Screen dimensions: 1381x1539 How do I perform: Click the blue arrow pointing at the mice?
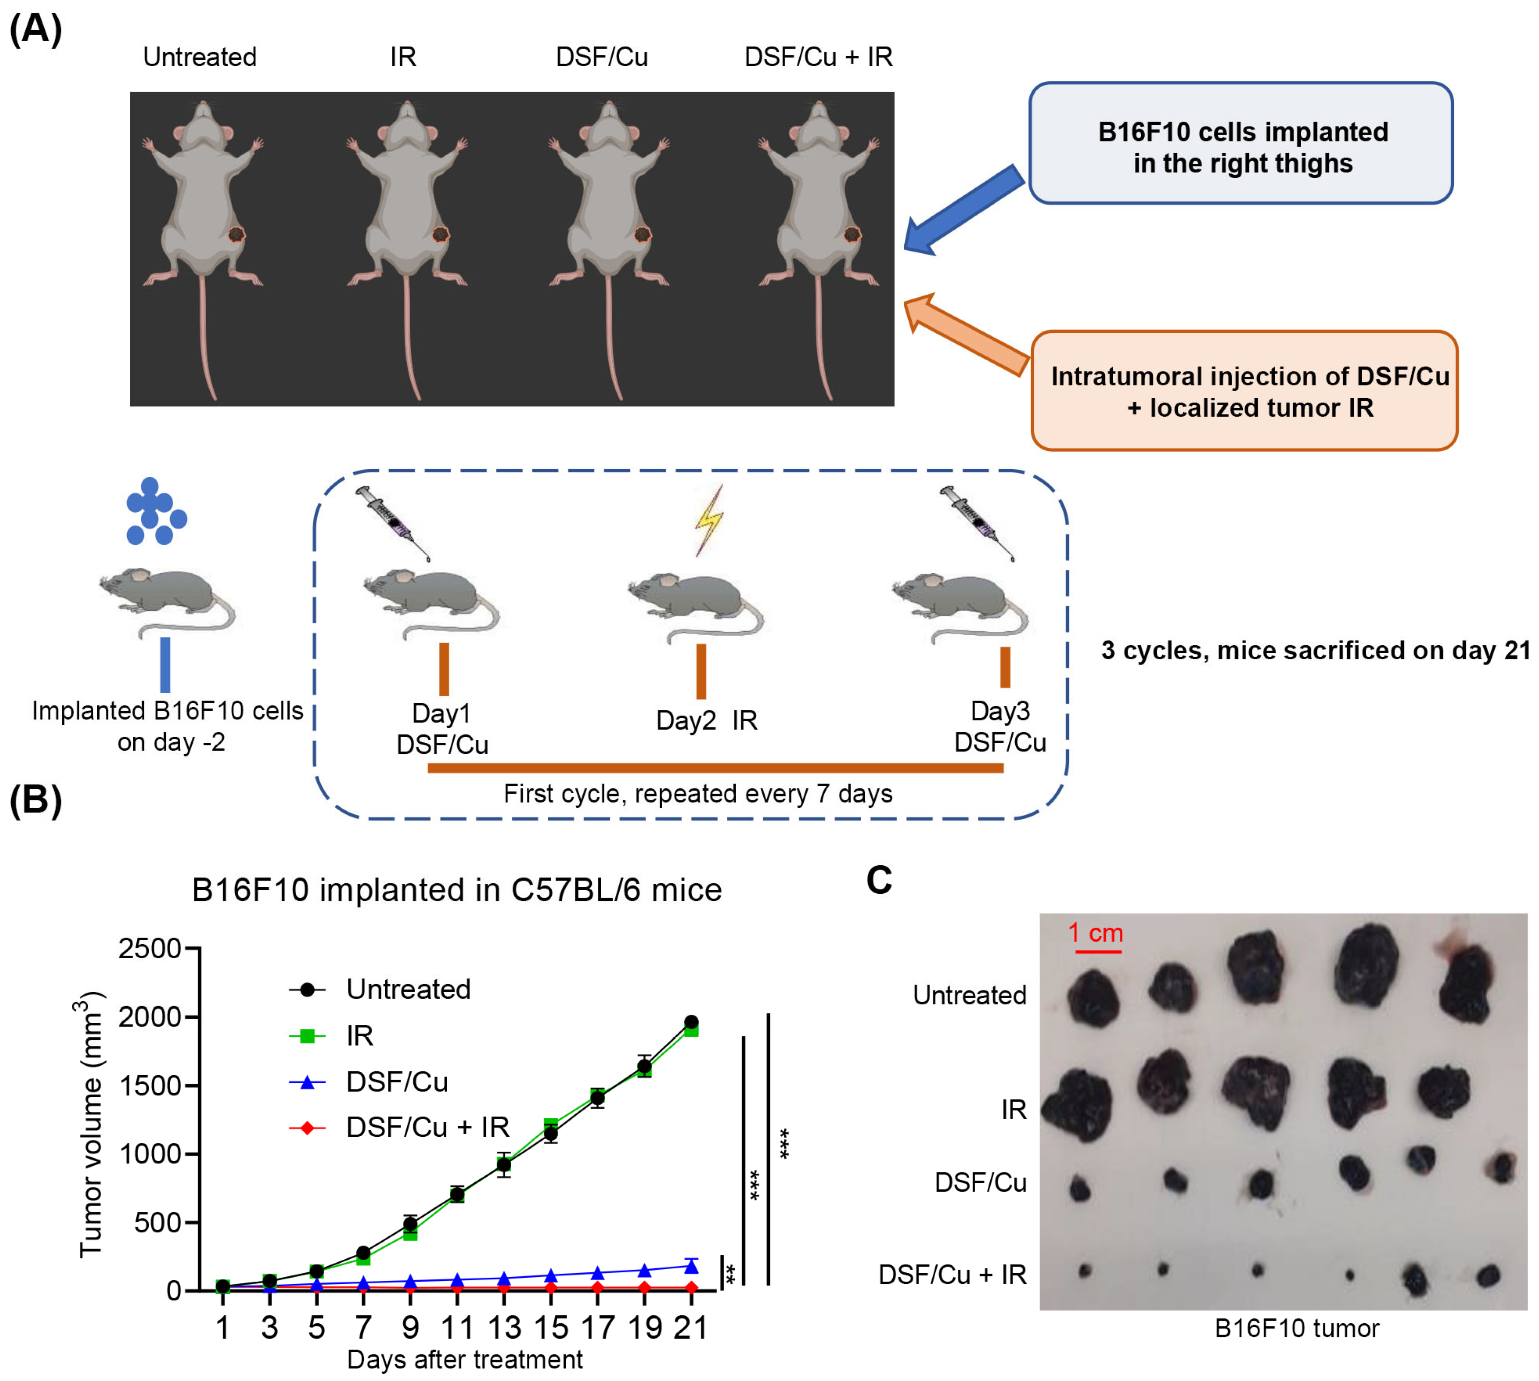coord(963,209)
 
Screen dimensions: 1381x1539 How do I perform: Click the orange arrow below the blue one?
coord(967,334)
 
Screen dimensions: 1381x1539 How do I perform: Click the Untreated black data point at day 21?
coord(691,1022)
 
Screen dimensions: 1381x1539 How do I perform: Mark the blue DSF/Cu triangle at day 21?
coord(691,1265)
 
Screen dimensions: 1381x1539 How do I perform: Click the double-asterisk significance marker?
coord(731,1275)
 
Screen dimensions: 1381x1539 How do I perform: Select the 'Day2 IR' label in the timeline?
coord(706,720)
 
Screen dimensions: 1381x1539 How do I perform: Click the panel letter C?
coord(879,880)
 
